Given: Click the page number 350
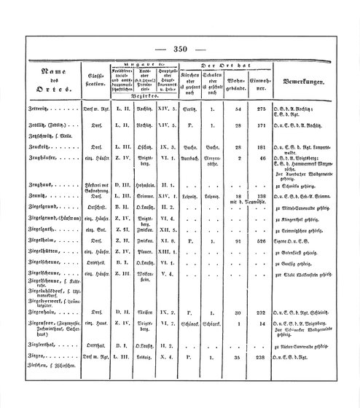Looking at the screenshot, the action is tap(181, 49).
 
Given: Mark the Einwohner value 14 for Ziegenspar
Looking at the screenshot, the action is tap(266, 325).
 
